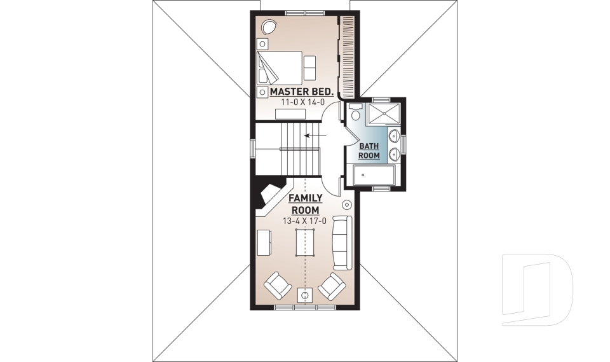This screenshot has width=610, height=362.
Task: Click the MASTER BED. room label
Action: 302,92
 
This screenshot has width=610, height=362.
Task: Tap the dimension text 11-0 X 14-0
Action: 297,102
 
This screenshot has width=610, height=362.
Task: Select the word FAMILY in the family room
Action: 306,198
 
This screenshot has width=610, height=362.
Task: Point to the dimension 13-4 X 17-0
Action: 304,221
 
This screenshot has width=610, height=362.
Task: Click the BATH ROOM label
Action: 369,151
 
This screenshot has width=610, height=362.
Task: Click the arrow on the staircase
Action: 312,135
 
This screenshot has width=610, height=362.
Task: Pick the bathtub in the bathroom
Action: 374,174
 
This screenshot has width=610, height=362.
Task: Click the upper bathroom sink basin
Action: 394,135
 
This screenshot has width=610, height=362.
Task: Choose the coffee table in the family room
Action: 305,242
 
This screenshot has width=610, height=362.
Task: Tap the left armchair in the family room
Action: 277,285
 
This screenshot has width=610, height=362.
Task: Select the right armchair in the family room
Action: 332,286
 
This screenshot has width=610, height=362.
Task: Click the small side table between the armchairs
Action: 305,295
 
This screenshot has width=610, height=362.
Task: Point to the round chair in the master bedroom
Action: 269,27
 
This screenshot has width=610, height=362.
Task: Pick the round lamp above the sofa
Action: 347,205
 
